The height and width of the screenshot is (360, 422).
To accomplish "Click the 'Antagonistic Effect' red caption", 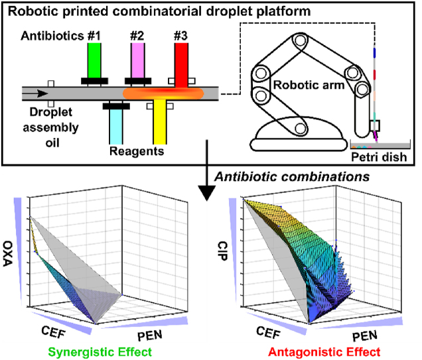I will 316,351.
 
